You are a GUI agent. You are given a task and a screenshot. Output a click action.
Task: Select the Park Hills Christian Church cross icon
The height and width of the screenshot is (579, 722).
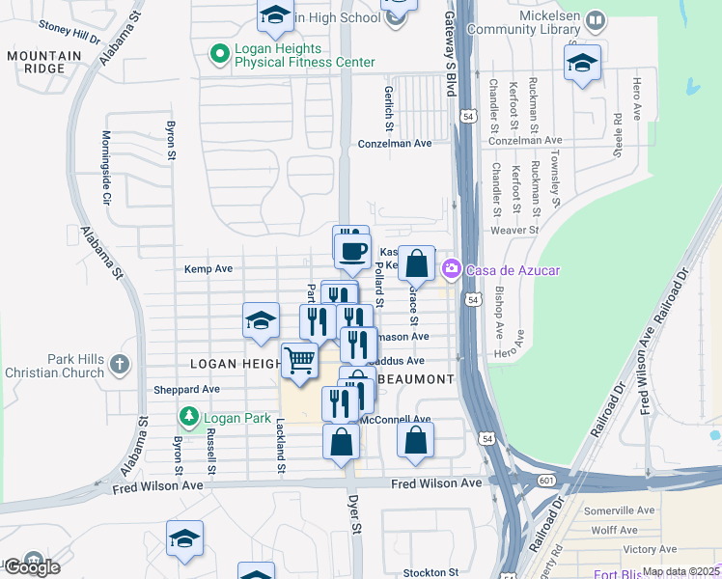click(x=119, y=364)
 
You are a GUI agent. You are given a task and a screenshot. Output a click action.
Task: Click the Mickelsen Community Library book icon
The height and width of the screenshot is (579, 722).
click(x=597, y=20)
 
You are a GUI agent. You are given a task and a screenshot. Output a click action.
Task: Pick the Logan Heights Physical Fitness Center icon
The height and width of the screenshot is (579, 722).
click(x=219, y=53)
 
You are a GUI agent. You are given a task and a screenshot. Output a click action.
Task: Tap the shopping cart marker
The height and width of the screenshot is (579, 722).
click(x=299, y=361)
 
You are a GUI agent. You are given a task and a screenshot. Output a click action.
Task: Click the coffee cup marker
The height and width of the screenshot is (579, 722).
click(x=352, y=252)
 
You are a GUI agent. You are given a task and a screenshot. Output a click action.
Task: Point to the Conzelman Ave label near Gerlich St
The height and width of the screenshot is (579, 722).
click(x=394, y=143)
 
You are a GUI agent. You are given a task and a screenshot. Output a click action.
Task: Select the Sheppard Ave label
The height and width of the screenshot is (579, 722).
click(x=187, y=390)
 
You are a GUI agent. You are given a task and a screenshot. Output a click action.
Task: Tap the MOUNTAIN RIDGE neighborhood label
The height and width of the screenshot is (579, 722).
click(x=44, y=63)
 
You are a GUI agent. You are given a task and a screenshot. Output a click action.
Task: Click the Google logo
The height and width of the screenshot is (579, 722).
click(x=32, y=567)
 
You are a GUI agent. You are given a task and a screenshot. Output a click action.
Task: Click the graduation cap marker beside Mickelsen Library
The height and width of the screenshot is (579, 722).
click(x=582, y=64)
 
